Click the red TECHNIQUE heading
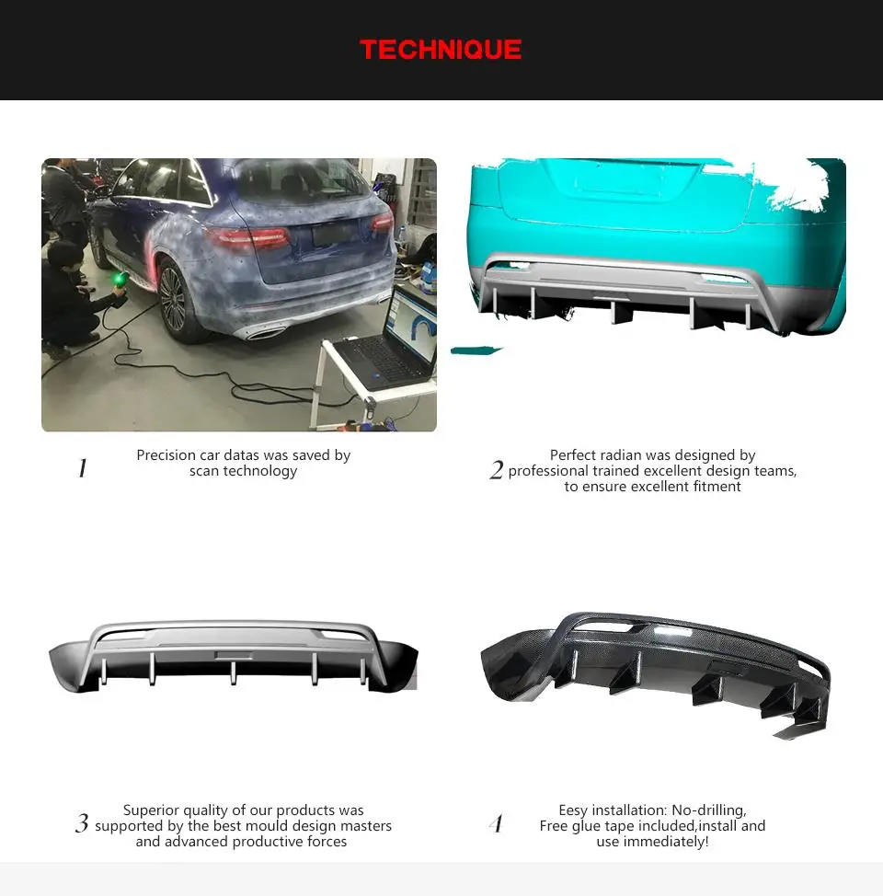[x=441, y=50]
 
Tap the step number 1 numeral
[x=83, y=469]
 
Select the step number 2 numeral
[x=497, y=470]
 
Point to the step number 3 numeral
[x=82, y=824]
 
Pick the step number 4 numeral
[x=497, y=824]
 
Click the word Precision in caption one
[x=166, y=455]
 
